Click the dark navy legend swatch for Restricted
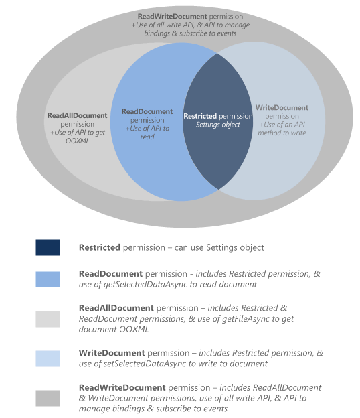point(48,247)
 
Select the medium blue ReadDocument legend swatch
point(48,279)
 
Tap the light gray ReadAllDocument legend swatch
point(48,319)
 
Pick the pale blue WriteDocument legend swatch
point(48,358)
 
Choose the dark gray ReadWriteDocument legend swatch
point(48,398)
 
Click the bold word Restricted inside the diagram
point(200,116)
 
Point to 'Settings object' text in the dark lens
point(218,125)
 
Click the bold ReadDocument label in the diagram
point(147,111)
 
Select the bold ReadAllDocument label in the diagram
point(77,115)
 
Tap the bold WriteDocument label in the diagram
point(282,107)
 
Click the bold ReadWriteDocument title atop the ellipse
point(172,16)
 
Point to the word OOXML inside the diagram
point(77,141)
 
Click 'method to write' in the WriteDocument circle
point(282,133)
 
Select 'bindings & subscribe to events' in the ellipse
point(190,33)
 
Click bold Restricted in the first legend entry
point(99,247)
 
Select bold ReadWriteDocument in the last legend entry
point(122,387)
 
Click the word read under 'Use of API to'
point(147,137)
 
